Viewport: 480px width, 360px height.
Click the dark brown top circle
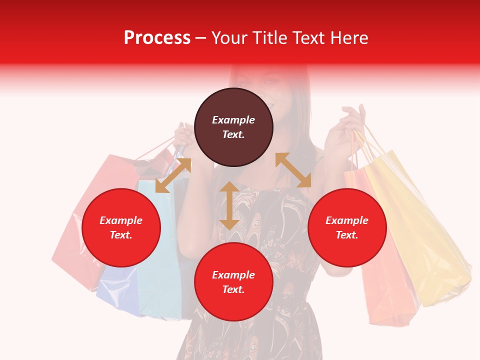(233, 127)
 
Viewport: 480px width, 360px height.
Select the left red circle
(121, 227)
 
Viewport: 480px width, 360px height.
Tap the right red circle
(347, 227)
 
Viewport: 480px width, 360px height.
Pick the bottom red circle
(233, 282)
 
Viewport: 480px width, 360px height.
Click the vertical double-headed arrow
(229, 205)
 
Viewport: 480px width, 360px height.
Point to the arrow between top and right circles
(293, 170)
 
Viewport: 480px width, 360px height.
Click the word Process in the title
(157, 37)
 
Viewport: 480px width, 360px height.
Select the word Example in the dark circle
(233, 120)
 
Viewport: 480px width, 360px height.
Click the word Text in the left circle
(121, 235)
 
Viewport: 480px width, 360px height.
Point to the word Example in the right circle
(347, 220)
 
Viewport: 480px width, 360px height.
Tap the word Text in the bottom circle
(233, 289)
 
